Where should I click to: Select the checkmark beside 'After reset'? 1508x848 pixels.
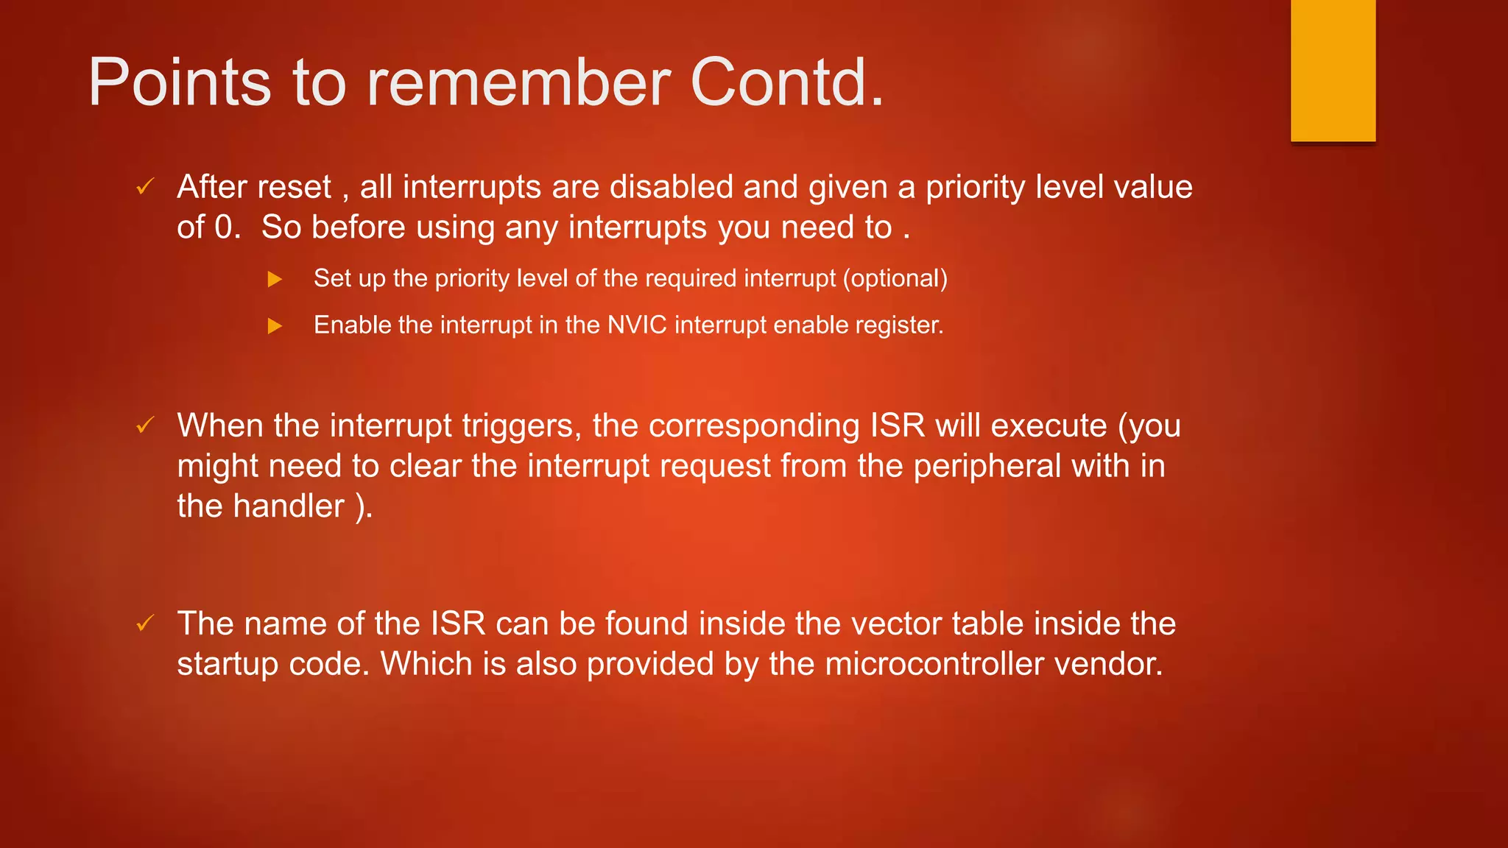coord(145,187)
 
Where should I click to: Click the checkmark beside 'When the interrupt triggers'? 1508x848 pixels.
coord(145,425)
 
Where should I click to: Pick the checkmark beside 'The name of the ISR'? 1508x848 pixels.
coord(145,623)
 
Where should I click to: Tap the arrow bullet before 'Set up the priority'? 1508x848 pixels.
coord(275,279)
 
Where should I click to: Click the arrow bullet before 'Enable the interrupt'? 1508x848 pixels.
coord(275,325)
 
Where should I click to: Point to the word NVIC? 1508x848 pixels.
coord(637,325)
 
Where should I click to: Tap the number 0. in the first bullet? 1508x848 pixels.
coord(228,227)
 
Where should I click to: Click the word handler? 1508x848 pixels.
coord(289,506)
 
